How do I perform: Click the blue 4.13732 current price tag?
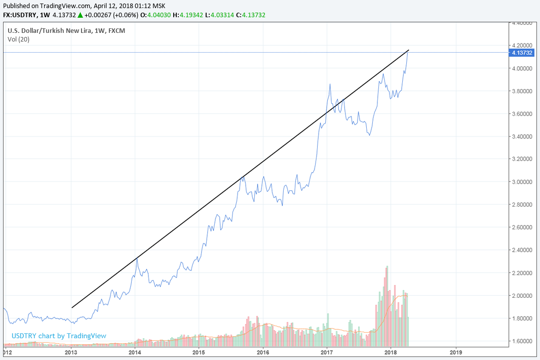pyautogui.click(x=522, y=53)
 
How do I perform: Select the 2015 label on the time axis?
pyautogui.click(x=199, y=351)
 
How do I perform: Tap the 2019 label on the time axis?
pyautogui.click(x=455, y=351)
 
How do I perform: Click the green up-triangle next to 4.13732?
pyautogui.click(x=80, y=15)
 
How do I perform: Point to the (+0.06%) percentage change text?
pyautogui.click(x=122, y=15)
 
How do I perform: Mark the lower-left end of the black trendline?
pyautogui.click(x=72, y=307)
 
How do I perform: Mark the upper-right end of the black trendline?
pyautogui.click(x=409, y=50)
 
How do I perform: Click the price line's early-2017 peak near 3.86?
pyautogui.click(x=330, y=84)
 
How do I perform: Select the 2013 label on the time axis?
pyautogui.click(x=71, y=351)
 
